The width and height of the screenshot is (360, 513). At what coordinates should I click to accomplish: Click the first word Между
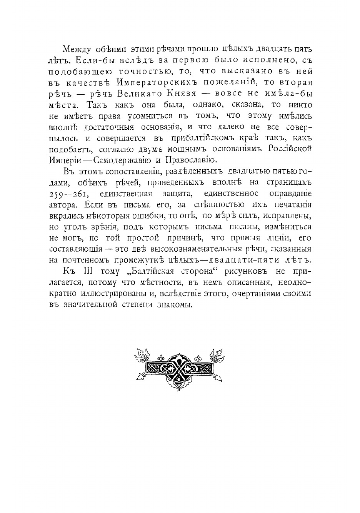pyautogui.click(x=74, y=49)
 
